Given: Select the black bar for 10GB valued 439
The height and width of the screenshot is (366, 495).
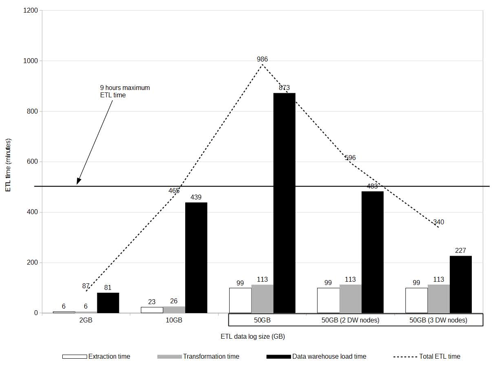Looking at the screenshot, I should click(196, 257).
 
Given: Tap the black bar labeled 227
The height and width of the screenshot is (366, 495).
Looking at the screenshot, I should click(460, 284).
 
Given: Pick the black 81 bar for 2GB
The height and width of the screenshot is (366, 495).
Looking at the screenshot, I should click(108, 303).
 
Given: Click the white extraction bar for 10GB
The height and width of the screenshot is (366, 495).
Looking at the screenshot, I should click(152, 310).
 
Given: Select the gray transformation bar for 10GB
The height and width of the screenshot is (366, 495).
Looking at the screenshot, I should click(174, 309).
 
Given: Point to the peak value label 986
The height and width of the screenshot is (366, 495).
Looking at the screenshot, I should click(263, 59).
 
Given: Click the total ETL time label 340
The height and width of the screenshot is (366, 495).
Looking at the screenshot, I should click(438, 222).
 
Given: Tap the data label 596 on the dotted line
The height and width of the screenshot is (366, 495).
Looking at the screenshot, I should click(350, 158).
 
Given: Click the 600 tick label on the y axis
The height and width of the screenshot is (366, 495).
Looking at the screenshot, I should click(33, 162).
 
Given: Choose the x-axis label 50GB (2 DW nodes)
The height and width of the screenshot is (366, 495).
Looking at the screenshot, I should click(350, 320).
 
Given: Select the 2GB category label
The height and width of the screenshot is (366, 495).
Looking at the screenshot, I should click(85, 320).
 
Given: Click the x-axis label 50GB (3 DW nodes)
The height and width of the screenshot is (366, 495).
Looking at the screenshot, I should click(438, 320).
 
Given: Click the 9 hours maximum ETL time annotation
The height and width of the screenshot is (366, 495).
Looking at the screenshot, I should click(125, 91).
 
